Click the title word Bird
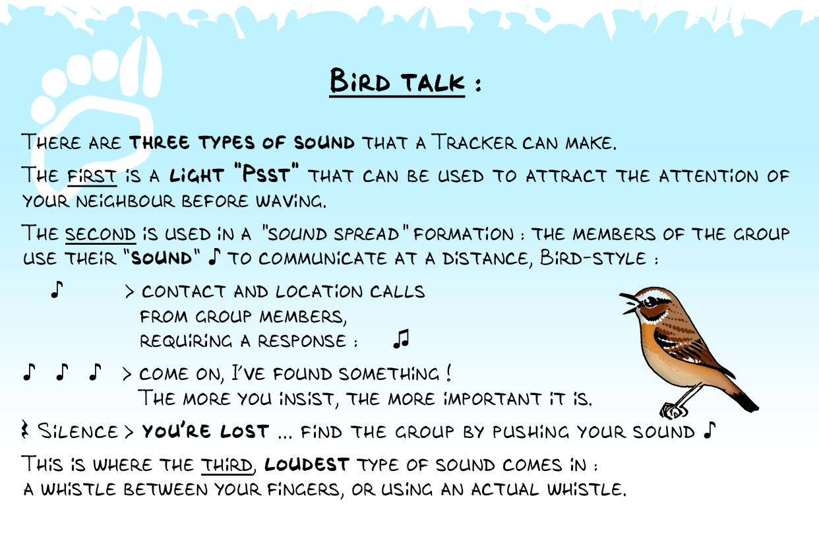point(360,81)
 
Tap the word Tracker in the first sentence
point(474,142)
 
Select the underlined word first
point(92,176)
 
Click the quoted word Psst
point(266,173)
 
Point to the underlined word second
point(100,234)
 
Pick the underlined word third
point(227,465)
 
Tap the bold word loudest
point(307,464)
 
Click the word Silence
point(78,431)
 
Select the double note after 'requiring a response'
point(401,339)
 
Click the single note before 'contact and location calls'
point(57,290)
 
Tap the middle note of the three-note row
point(62,372)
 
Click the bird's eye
point(652,302)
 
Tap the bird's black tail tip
point(746,402)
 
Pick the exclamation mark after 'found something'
point(448,373)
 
